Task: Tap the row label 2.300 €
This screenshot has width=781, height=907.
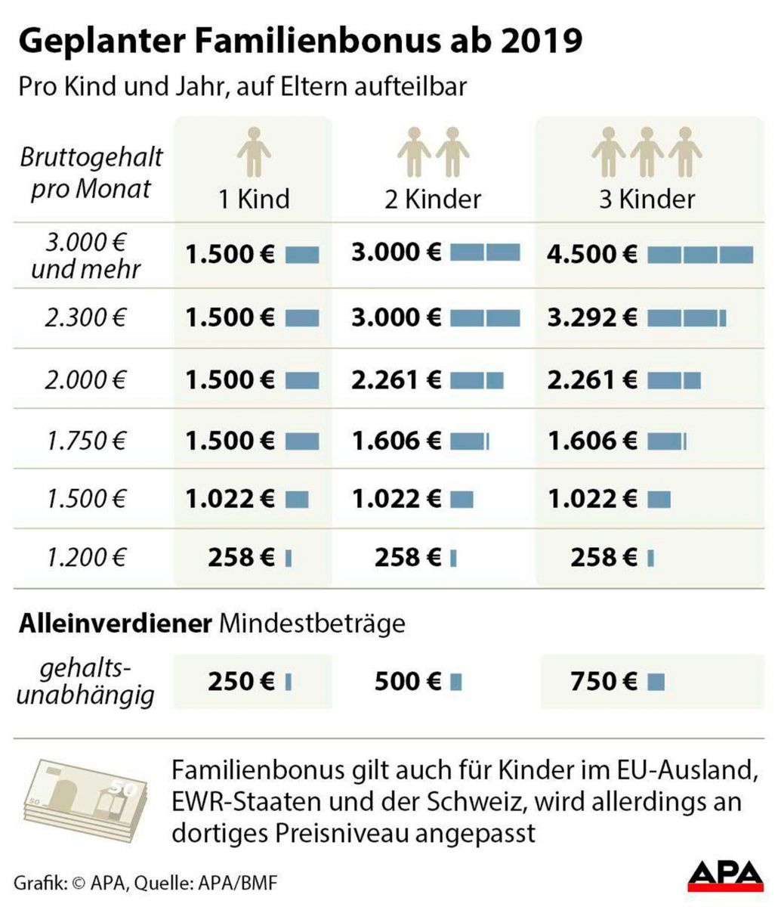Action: point(85,317)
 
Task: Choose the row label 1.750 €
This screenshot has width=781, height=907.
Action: point(85,440)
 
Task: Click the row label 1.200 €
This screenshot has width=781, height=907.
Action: point(85,559)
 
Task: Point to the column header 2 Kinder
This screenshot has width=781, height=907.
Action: point(432,199)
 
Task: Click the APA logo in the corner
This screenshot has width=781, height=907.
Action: point(726,881)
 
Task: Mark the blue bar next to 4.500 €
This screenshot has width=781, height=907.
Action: point(700,255)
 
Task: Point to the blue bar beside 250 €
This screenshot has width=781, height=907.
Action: point(289,683)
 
